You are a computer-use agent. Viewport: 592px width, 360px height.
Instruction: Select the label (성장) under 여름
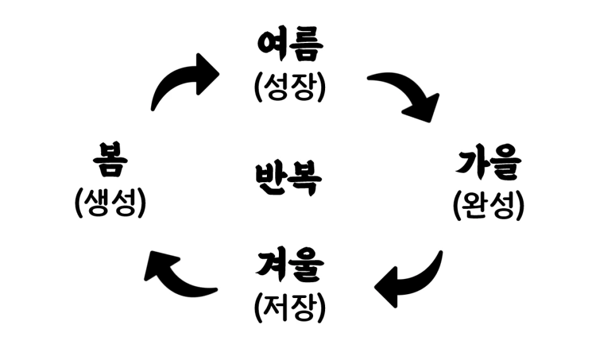coord(290,87)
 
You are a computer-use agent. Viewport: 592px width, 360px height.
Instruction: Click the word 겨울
coord(290,266)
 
